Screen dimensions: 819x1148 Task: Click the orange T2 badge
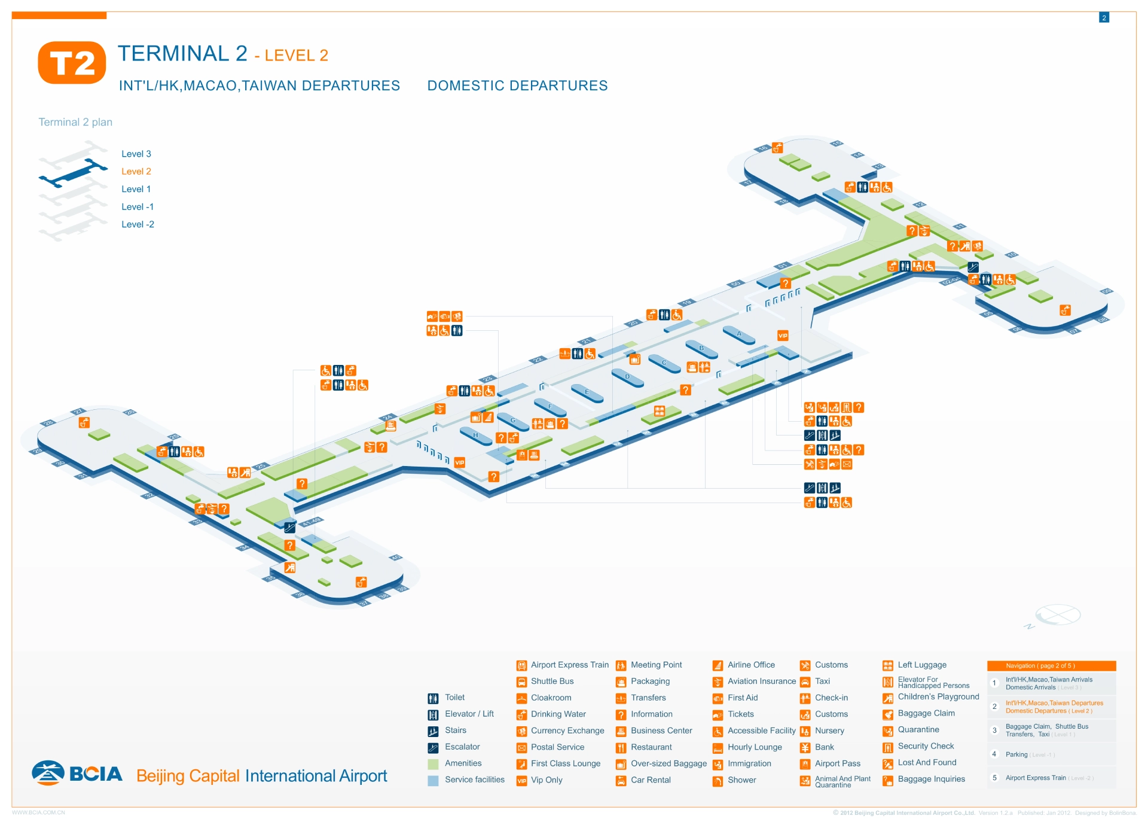[72, 63]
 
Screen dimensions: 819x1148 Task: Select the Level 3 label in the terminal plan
[136, 154]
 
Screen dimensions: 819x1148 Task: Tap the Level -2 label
[138, 224]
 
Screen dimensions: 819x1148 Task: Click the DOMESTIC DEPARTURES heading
[517, 86]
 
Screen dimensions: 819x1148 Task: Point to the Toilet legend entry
[454, 698]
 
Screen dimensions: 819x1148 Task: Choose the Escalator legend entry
[462, 747]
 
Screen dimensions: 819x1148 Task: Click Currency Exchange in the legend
[567, 730]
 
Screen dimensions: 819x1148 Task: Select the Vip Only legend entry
[546, 780]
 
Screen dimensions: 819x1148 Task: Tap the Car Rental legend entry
[650, 780]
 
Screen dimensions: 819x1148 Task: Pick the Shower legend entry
[741, 780]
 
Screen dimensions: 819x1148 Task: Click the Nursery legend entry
[829, 730]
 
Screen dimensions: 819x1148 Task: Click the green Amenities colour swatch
[433, 764]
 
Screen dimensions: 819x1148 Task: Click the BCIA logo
[78, 774]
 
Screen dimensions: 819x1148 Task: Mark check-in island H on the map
[476, 436]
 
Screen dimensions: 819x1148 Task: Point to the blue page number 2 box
[1104, 18]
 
